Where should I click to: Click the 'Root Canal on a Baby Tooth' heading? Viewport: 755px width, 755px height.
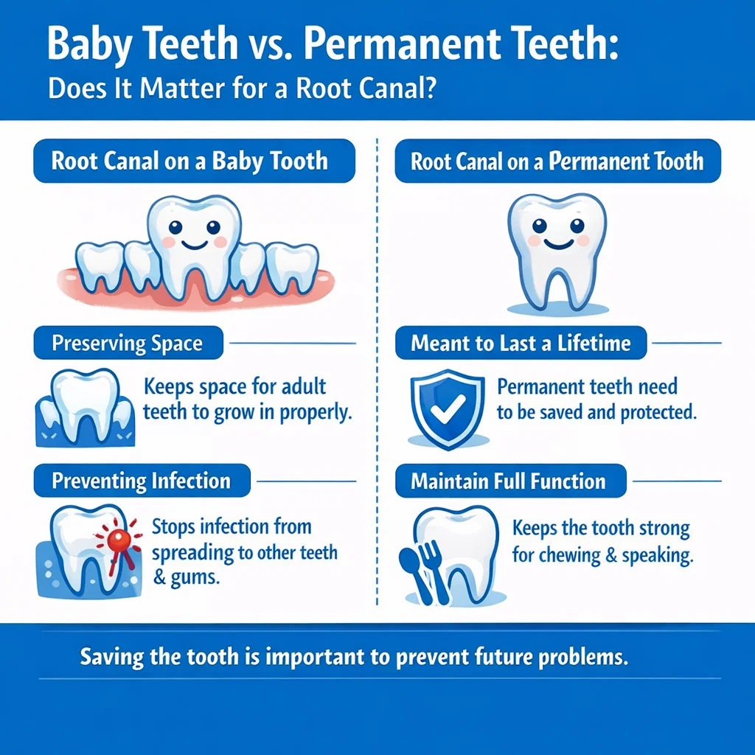point(189,161)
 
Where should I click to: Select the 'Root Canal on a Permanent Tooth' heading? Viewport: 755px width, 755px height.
point(557,161)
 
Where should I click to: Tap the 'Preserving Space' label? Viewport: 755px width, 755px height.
point(127,344)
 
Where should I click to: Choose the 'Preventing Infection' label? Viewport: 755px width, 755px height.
point(141,481)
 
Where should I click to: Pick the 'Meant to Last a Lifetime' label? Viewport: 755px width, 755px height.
point(521,344)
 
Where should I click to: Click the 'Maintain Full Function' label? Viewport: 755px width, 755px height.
point(508,481)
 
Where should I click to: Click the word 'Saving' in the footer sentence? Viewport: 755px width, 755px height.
point(108,657)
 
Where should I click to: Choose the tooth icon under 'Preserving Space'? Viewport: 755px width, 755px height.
point(83,408)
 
